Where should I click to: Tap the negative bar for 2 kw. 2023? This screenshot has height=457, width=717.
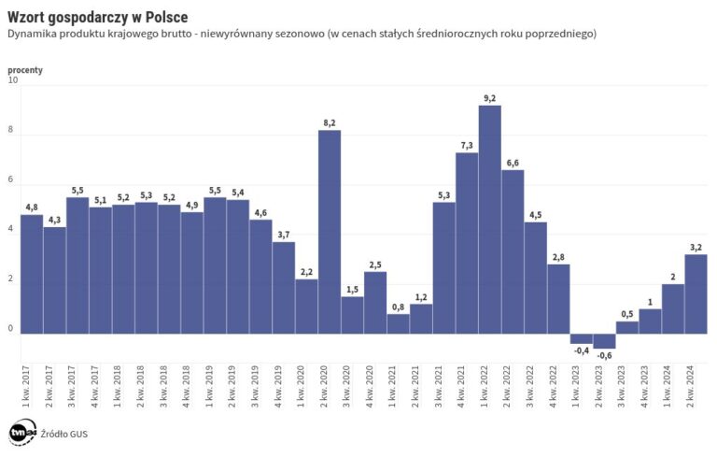pyautogui.click(x=604, y=341)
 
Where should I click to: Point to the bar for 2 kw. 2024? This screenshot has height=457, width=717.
pyautogui.click(x=696, y=293)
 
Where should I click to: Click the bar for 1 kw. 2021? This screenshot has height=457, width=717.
pyautogui.click(x=399, y=323)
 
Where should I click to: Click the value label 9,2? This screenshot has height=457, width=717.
pyautogui.click(x=490, y=98)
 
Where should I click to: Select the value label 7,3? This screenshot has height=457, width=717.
pyautogui.click(x=467, y=145)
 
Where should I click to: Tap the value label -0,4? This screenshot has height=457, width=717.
pyautogui.click(x=582, y=351)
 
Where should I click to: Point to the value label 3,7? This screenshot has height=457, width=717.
pyautogui.click(x=284, y=235)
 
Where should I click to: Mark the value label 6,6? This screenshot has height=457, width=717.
pyautogui.click(x=513, y=163)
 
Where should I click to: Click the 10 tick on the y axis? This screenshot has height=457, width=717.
pyautogui.click(x=12, y=81)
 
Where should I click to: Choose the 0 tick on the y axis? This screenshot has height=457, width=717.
pyautogui.click(x=11, y=328)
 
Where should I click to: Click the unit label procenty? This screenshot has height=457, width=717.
pyautogui.click(x=26, y=69)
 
